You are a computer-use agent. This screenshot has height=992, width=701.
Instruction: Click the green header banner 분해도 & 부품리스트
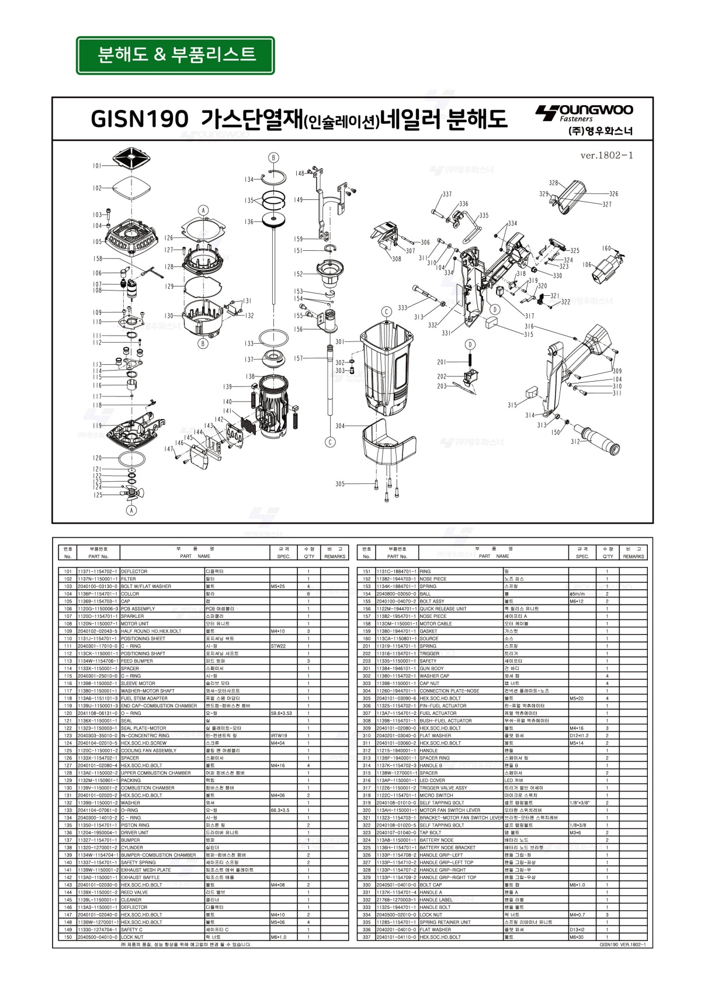[175, 56]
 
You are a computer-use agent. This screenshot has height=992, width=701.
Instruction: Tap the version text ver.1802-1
[606, 155]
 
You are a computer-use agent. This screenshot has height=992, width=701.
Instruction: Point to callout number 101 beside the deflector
[97, 166]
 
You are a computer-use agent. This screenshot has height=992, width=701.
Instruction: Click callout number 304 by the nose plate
[340, 426]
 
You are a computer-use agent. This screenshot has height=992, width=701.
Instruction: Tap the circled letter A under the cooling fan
[132, 510]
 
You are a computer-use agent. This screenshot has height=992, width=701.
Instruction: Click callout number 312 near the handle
[575, 441]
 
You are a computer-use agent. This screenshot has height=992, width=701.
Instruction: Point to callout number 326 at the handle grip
[613, 193]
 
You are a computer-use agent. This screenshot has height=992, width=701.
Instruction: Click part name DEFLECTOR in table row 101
[134, 571]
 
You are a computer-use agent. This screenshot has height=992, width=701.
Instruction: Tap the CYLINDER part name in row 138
[131, 848]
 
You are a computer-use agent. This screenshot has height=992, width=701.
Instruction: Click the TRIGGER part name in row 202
[429, 654]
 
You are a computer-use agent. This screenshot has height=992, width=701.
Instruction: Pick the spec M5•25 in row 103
[278, 586]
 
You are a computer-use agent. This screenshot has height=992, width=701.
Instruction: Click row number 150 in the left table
[68, 937]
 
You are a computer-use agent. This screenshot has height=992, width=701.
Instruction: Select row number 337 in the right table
[367, 937]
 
